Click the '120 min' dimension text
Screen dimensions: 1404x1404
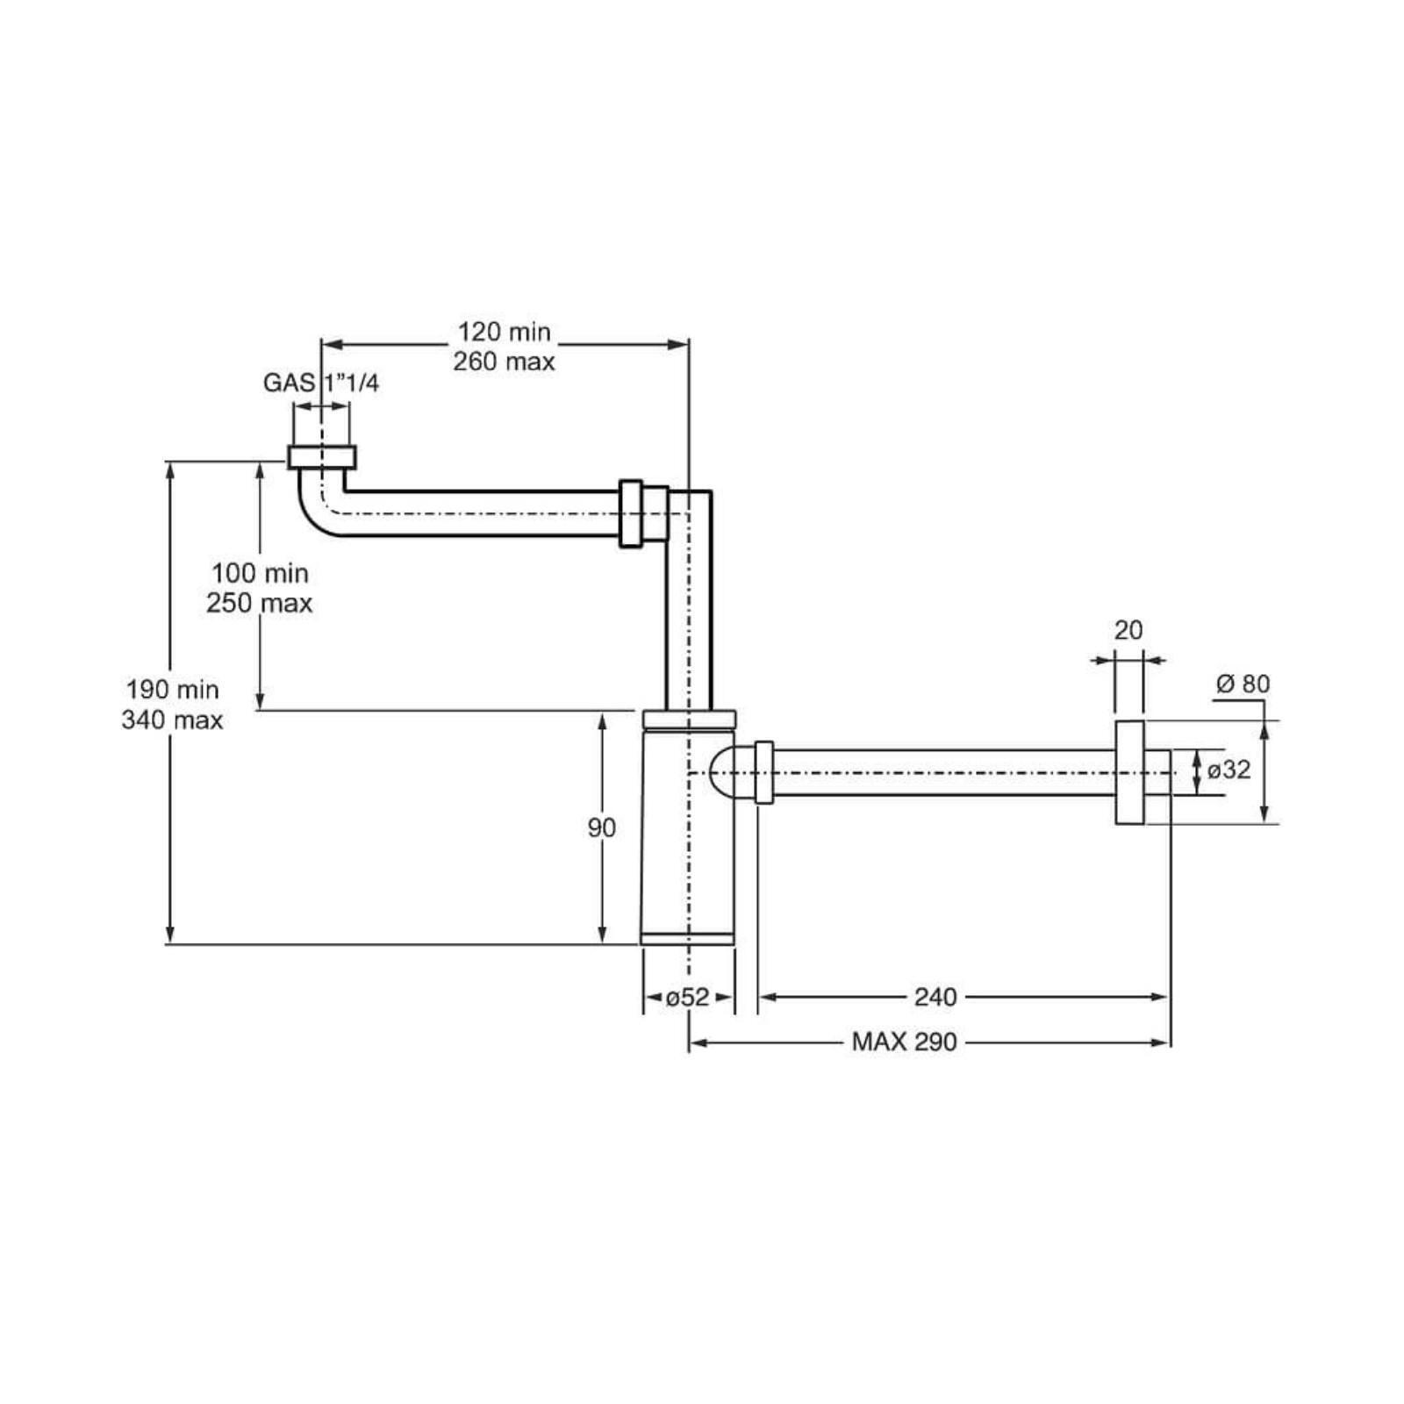click(x=504, y=332)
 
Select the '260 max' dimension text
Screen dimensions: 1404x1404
click(x=504, y=362)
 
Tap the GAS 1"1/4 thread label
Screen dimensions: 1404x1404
click(x=321, y=383)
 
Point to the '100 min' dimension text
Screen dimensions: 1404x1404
click(x=260, y=573)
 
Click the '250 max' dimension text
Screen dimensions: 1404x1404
click(x=260, y=603)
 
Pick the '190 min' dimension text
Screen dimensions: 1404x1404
click(x=173, y=690)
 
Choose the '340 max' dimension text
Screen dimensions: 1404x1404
click(x=173, y=720)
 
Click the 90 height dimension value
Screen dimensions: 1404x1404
click(x=602, y=827)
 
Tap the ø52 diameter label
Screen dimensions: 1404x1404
click(x=687, y=997)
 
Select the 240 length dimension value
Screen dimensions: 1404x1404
click(x=935, y=997)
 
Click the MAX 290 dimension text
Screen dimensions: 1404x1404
click(x=905, y=1042)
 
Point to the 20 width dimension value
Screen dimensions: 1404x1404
click(x=1128, y=630)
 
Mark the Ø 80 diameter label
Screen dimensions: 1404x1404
click(x=1243, y=684)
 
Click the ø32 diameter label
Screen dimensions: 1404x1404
click(x=1229, y=770)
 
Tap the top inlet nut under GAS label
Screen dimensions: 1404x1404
click(x=322, y=457)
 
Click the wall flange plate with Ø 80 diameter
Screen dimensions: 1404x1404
click(x=1130, y=772)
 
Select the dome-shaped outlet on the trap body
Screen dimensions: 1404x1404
click(x=731, y=772)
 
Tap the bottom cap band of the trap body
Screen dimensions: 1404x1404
click(x=687, y=938)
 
